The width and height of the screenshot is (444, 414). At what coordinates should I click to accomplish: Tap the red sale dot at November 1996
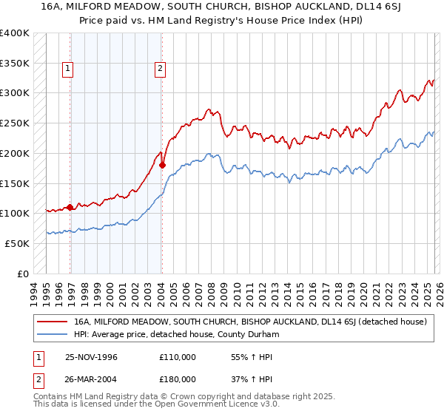(70, 207)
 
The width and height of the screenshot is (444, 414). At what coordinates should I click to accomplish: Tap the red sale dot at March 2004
(162, 165)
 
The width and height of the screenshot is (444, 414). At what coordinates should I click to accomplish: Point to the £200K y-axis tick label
(14, 153)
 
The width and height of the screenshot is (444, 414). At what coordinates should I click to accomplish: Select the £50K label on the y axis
(17, 243)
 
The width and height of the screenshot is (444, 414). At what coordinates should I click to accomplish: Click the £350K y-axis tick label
(14, 64)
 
